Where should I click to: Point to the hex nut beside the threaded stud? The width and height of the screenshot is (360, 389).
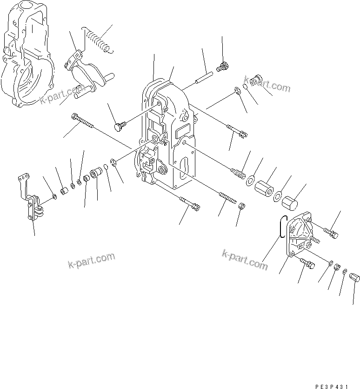pos(242,206)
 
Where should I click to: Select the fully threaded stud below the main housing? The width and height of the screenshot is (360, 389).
pos(226,195)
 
